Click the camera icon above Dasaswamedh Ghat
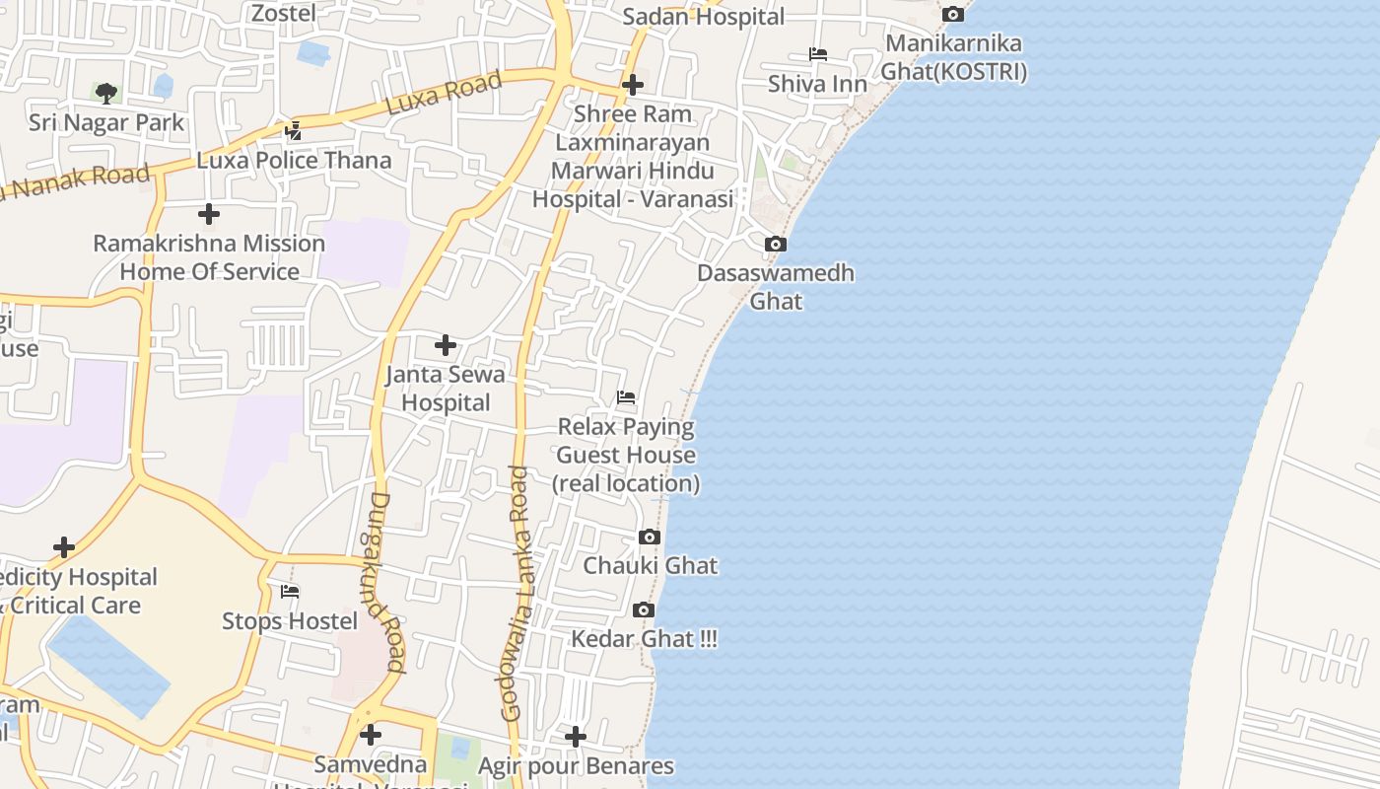click(x=776, y=244)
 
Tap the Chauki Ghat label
click(x=651, y=566)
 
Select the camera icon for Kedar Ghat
click(x=644, y=610)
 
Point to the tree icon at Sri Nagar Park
click(x=106, y=94)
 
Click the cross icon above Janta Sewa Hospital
click(x=446, y=345)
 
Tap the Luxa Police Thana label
click(x=294, y=160)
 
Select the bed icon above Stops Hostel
click(x=290, y=592)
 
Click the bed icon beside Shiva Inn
click(x=817, y=54)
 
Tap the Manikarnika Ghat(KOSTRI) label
click(x=953, y=58)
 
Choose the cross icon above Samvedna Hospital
click(x=371, y=735)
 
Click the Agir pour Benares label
click(x=576, y=766)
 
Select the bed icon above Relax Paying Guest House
click(x=626, y=398)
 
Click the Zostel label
click(x=284, y=13)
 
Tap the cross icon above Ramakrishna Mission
click(x=209, y=213)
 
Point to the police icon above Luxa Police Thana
click(x=293, y=130)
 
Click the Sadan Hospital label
click(x=704, y=17)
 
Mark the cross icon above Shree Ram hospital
click(x=633, y=85)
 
